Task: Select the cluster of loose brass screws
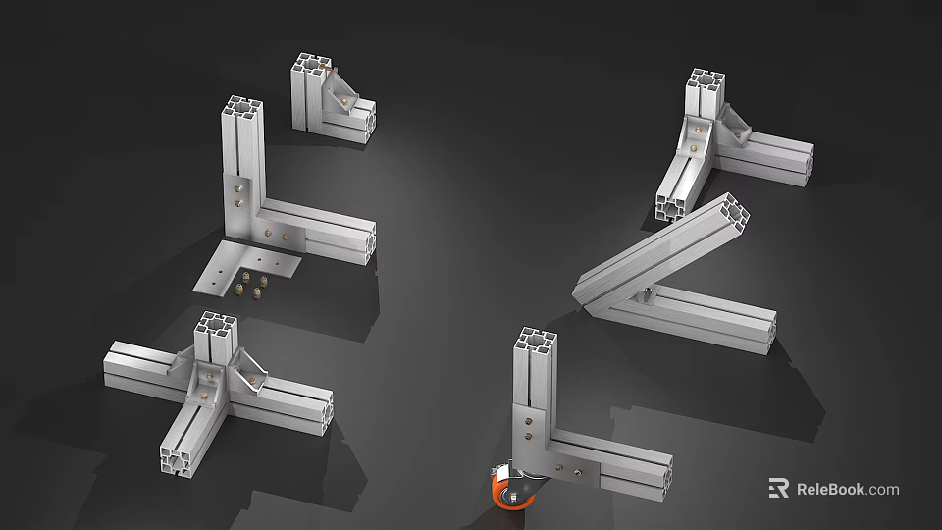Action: click(252, 287)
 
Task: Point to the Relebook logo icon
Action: click(779, 488)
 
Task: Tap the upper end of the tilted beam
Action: click(731, 209)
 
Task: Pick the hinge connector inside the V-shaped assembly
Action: click(645, 292)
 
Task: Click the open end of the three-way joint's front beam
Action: click(180, 460)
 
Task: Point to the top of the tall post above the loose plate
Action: click(239, 107)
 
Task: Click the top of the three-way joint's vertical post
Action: click(216, 325)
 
